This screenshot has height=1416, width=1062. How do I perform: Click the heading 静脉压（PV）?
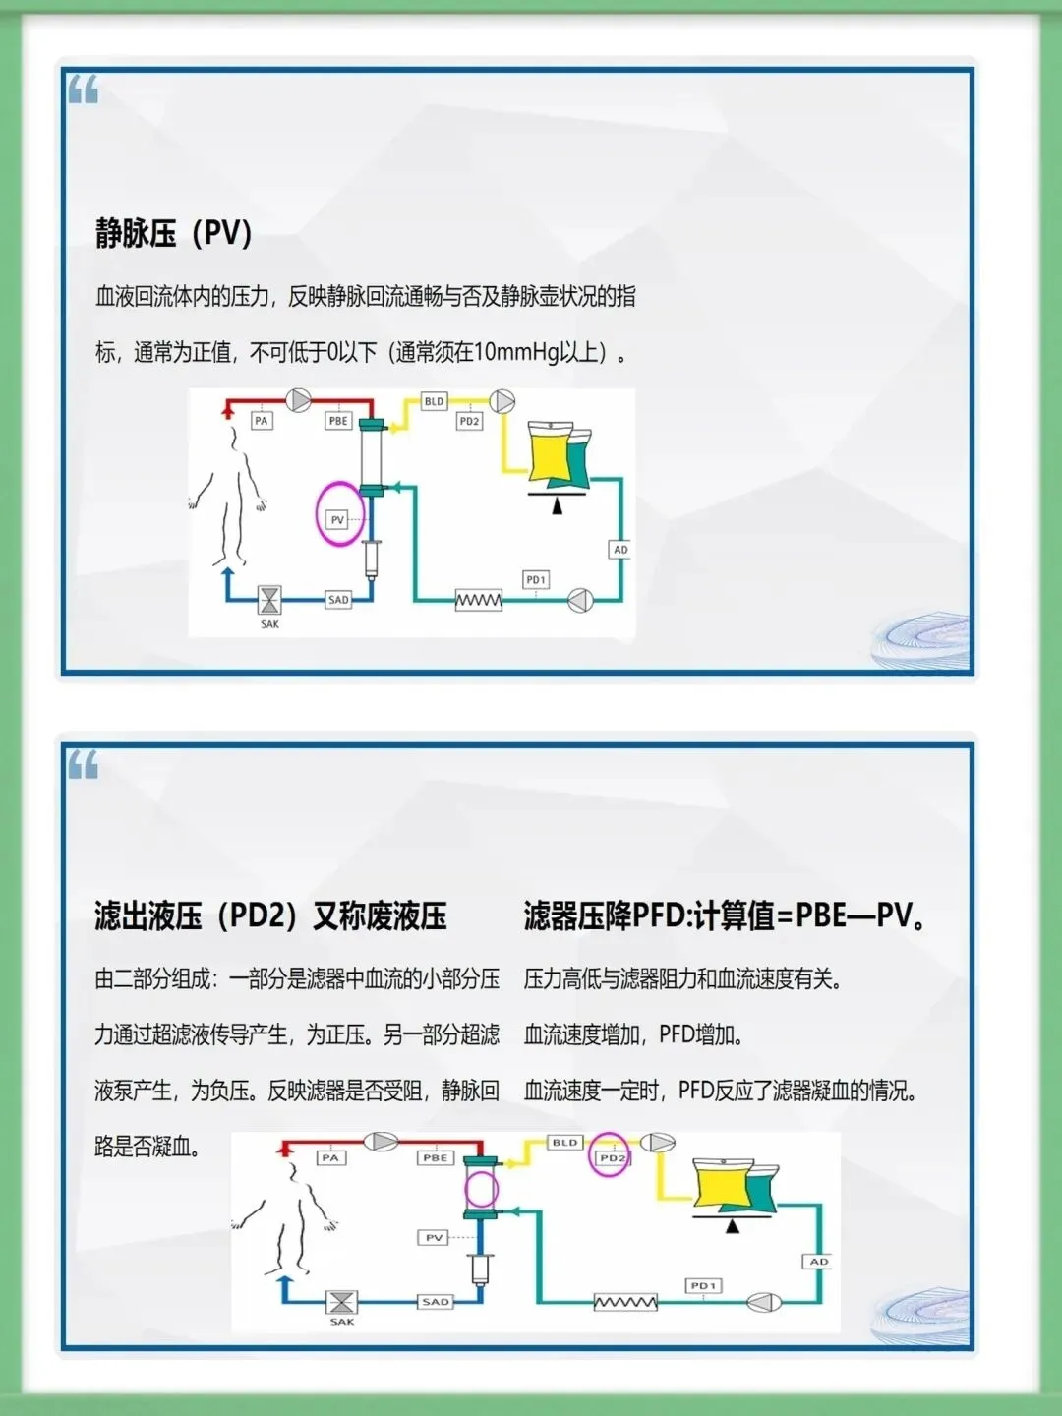tap(174, 234)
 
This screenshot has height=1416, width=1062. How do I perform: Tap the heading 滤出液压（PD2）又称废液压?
tap(270, 916)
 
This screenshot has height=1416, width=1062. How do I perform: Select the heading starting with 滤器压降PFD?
tap(724, 916)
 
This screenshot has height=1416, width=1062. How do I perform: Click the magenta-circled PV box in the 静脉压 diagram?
tap(338, 519)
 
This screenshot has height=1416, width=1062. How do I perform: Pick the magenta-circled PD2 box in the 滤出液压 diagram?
tap(612, 1157)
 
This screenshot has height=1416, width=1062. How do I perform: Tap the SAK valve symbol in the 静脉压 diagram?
tap(269, 599)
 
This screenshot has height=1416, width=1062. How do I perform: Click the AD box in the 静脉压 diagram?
tap(620, 549)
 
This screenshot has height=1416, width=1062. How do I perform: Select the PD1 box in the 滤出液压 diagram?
tap(703, 1285)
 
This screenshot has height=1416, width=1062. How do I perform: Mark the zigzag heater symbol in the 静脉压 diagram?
tap(479, 600)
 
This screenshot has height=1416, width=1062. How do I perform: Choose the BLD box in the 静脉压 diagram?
tap(434, 401)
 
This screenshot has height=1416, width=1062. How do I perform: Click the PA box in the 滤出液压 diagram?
tap(330, 1158)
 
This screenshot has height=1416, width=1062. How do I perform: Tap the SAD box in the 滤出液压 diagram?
tap(436, 1301)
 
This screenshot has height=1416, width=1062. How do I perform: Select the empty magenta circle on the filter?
tap(482, 1190)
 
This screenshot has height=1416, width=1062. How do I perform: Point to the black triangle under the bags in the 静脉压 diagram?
tap(557, 506)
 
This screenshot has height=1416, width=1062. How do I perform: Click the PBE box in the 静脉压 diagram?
tap(338, 420)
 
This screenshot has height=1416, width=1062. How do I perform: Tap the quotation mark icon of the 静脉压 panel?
tap(84, 90)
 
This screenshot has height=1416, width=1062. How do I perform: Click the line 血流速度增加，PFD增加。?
tap(633, 1034)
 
